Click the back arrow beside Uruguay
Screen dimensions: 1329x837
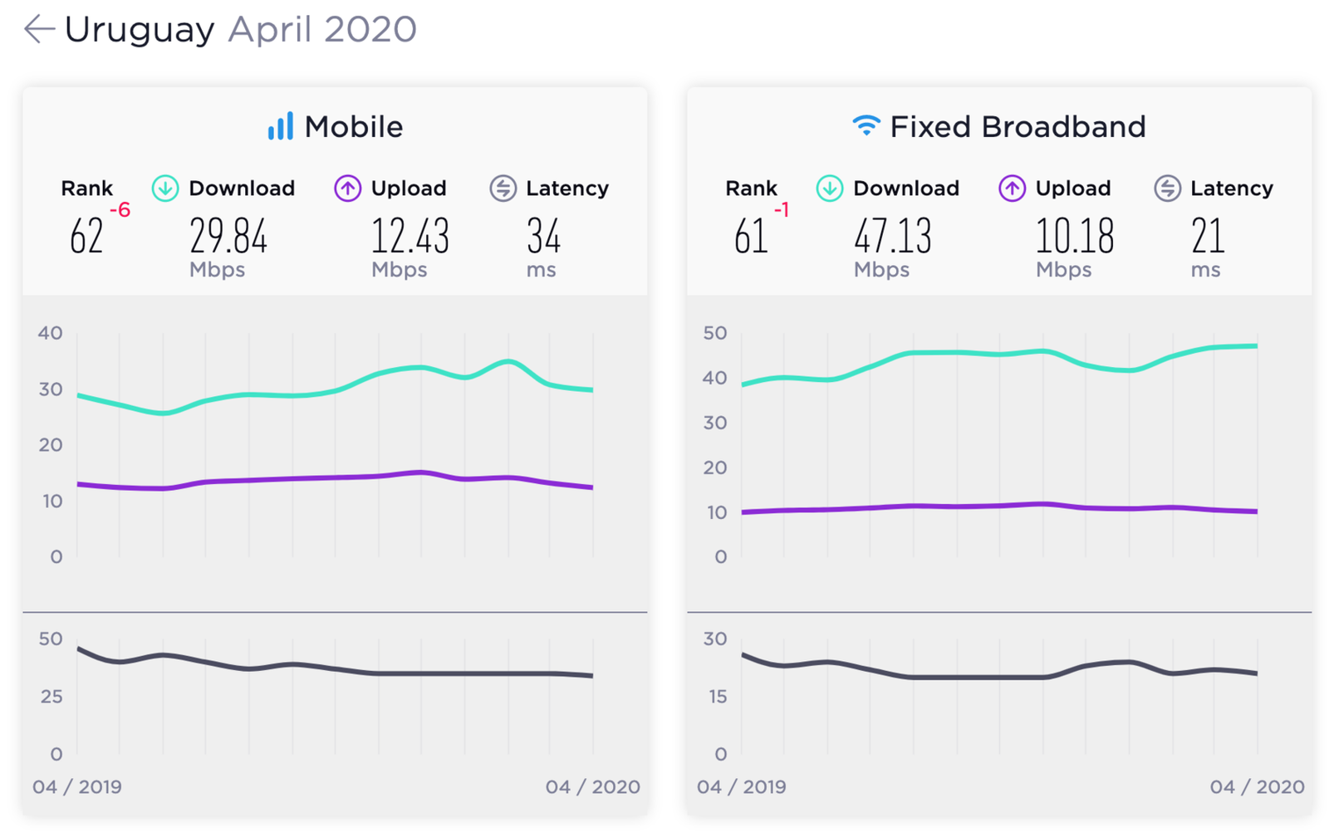[39, 28]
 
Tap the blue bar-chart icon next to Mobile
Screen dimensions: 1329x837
[281, 125]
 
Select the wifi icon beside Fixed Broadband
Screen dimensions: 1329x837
[866, 125]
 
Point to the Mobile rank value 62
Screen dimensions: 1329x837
[86, 236]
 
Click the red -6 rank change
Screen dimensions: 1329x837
[120, 209]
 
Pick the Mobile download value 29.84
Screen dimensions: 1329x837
[228, 236]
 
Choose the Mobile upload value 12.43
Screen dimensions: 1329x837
[410, 236]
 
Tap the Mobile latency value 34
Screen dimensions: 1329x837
[543, 236]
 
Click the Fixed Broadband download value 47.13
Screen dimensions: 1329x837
[893, 236]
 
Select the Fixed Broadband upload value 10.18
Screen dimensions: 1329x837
[1075, 236]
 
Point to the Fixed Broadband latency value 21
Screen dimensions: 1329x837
[1208, 236]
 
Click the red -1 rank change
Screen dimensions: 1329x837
[782, 209]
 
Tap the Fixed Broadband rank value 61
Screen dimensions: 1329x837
[751, 236]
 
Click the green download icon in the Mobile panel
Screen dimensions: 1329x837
[165, 188]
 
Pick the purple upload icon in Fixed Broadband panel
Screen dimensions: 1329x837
[1013, 188]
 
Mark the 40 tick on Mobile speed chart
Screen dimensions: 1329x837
[51, 333]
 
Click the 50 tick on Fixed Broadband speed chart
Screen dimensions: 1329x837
[715, 333]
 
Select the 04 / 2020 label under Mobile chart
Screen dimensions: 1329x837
[593, 786]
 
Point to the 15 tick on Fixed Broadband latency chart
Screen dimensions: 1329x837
[718, 697]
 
